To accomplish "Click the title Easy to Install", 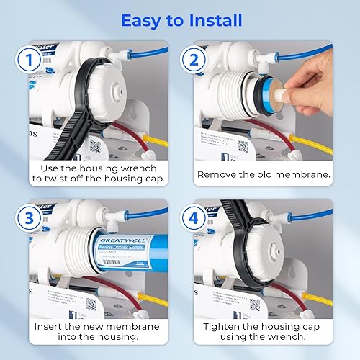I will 180,19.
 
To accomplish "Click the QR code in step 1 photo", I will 94,145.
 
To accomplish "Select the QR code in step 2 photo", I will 243,145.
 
